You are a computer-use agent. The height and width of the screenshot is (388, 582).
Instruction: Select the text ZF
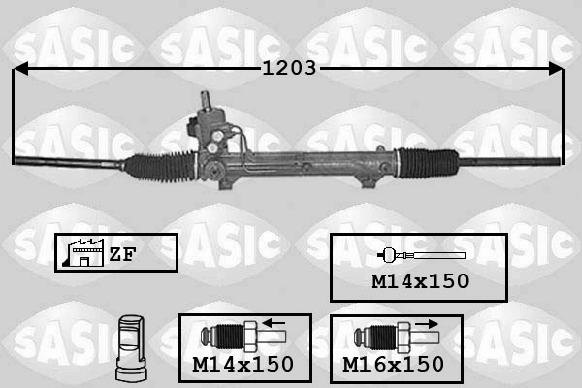click(x=122, y=254)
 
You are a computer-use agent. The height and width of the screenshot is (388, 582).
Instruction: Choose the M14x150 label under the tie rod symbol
click(x=420, y=281)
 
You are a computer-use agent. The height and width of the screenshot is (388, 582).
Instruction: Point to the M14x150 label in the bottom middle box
click(x=243, y=365)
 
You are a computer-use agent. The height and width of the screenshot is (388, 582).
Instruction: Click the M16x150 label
click(x=394, y=365)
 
